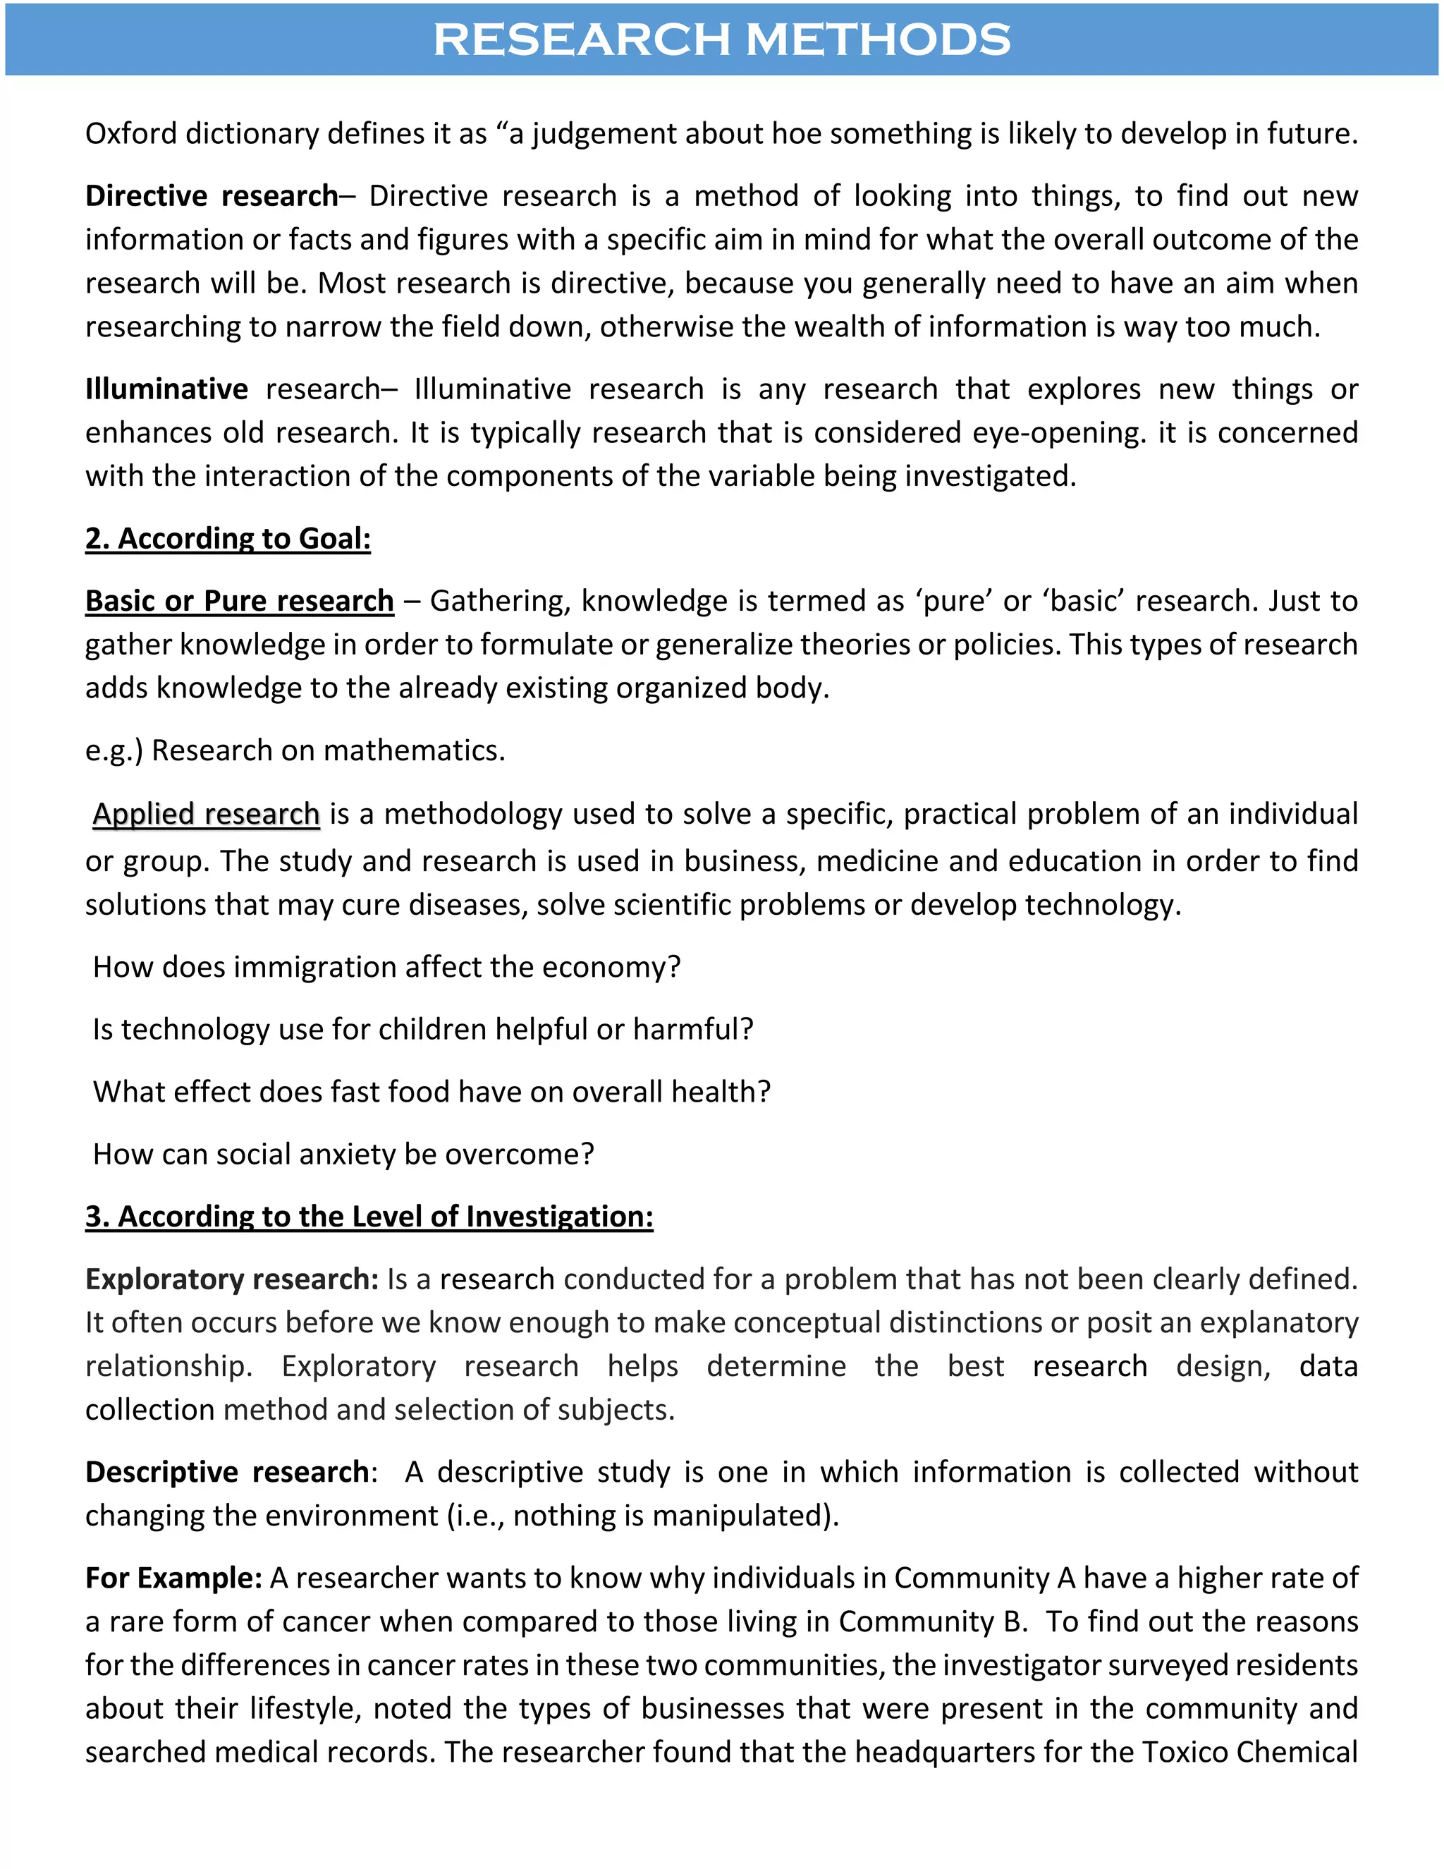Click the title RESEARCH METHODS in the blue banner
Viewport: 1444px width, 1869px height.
click(721, 39)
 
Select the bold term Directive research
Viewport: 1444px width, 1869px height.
click(212, 196)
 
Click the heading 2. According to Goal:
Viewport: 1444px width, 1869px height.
click(228, 538)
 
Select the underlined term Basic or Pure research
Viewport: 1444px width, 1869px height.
click(240, 601)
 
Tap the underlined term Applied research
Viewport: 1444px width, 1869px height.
click(206, 814)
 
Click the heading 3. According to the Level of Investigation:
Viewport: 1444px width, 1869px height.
click(369, 1217)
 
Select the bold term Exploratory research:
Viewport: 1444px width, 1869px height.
click(232, 1279)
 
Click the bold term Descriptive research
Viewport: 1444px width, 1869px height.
click(227, 1472)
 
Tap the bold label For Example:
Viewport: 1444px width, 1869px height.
click(173, 1578)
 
